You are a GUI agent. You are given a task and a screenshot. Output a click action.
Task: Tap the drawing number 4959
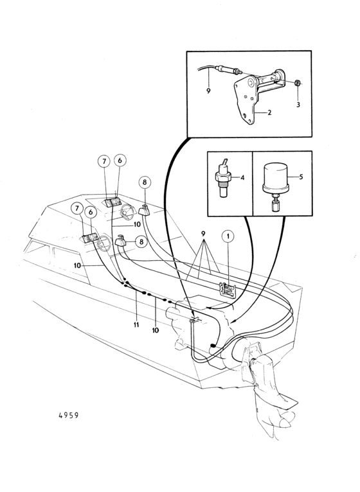click(x=69, y=415)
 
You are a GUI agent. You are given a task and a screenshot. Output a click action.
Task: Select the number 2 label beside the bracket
click(x=269, y=112)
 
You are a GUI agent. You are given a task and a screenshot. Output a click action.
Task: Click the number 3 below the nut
click(x=298, y=104)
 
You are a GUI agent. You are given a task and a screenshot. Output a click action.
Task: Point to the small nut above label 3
click(x=297, y=83)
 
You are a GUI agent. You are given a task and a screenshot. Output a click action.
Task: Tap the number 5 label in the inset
click(x=301, y=177)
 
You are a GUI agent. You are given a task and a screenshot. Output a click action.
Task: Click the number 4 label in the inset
click(x=242, y=178)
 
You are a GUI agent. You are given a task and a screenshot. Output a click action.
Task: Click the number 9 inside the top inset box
click(x=208, y=91)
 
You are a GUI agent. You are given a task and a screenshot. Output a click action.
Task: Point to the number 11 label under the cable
click(x=136, y=325)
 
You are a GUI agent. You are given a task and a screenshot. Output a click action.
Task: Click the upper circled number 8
click(x=145, y=182)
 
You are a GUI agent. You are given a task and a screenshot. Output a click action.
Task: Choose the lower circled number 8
click(x=141, y=242)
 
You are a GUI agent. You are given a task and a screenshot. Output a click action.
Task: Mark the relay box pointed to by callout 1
click(x=228, y=288)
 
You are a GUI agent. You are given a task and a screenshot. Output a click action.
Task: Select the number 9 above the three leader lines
click(x=203, y=234)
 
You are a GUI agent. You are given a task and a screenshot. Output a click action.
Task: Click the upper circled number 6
click(x=120, y=161)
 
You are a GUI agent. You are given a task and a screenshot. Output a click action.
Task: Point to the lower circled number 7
click(x=77, y=209)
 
